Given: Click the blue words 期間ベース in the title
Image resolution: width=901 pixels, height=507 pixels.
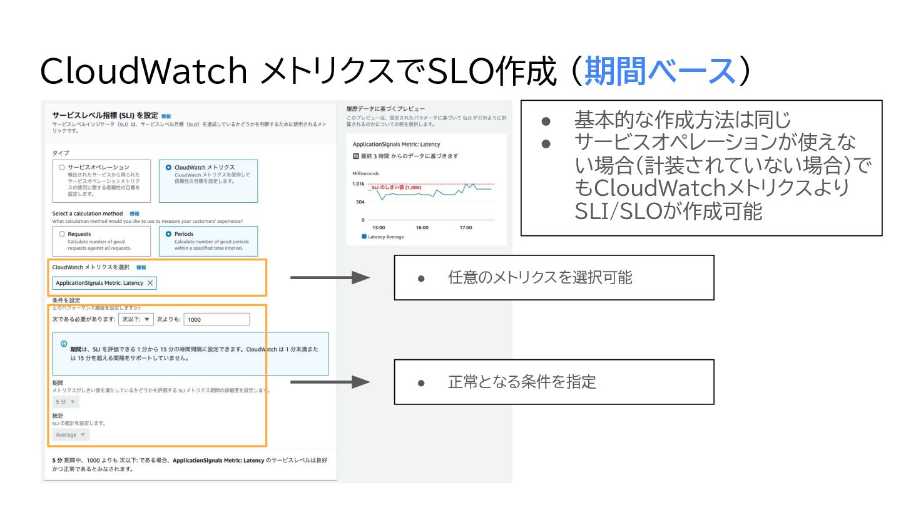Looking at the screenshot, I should coord(659,71).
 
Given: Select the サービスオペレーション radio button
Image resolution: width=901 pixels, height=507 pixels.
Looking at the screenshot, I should coord(61,168).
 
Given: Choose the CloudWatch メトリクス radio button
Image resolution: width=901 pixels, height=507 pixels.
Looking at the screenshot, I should coord(168,168).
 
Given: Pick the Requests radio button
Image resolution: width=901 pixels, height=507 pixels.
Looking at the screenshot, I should coord(61,234).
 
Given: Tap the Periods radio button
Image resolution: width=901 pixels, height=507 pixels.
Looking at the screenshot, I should coord(168,234).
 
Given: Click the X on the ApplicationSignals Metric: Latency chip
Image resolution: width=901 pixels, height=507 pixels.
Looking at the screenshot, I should coord(150,283).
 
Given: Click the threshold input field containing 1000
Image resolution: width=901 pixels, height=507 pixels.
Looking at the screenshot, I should coord(217,319).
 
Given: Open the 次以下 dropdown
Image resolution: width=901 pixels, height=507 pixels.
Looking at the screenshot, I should coord(136,319).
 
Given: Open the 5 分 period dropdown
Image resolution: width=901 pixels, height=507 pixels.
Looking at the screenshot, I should coord(65,402).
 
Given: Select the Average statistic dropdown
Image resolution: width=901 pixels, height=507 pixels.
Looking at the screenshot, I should coord(70,434).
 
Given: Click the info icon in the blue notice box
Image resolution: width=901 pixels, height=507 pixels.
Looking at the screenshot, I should coord(64,344).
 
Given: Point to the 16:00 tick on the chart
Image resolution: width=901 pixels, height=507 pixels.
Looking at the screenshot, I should coord(422,227).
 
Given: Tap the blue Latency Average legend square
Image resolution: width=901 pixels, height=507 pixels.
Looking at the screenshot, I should coord(364,237).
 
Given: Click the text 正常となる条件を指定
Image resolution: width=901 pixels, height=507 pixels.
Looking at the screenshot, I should coord(522,382).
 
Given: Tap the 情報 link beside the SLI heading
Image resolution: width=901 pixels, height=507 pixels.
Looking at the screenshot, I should coord(166,116).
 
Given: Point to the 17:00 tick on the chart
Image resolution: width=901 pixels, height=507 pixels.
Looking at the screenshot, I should coord(466,227).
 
